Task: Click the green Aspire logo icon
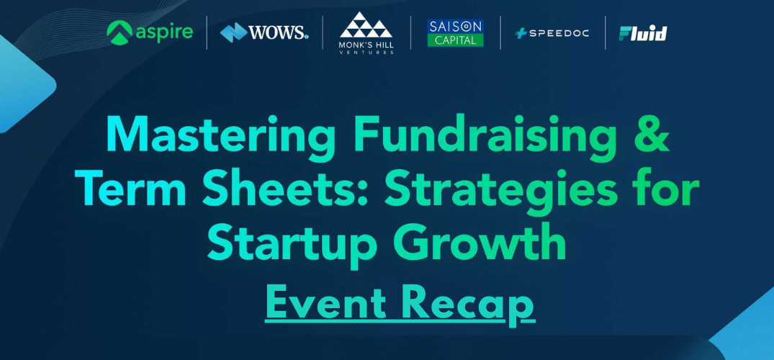click(119, 32)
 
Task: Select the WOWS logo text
click(279, 32)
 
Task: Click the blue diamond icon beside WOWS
click(233, 32)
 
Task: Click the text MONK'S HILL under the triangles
click(366, 45)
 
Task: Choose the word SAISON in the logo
click(455, 25)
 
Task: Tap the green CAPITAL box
click(455, 40)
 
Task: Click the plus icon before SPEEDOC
click(521, 33)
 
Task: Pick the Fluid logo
click(643, 33)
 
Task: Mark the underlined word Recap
click(468, 304)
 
